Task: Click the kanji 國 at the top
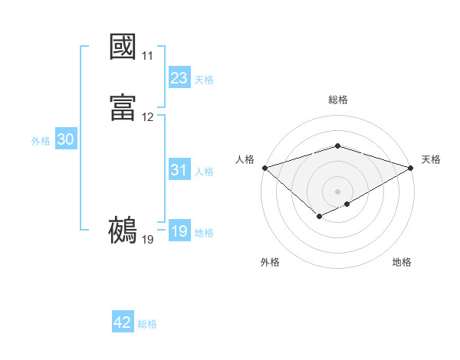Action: [123, 47]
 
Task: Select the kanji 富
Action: [123, 106]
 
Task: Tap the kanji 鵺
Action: [123, 229]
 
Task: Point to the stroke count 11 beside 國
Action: [147, 57]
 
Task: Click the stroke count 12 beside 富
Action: [147, 117]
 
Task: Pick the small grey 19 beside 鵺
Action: [147, 240]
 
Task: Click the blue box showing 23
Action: [179, 78]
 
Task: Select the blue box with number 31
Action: [179, 171]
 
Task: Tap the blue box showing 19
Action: [179, 232]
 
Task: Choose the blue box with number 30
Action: [66, 140]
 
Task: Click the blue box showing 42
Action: [123, 323]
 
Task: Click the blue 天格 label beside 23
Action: [204, 79]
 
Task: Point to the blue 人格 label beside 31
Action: [204, 172]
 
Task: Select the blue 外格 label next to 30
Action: [41, 141]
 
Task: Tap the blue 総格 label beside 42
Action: [148, 324]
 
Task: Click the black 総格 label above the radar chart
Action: [338, 100]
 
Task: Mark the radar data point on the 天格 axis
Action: [411, 168]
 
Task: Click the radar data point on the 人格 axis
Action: [264, 168]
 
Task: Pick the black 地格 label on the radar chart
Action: [402, 262]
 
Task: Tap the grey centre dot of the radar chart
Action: [338, 191]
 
